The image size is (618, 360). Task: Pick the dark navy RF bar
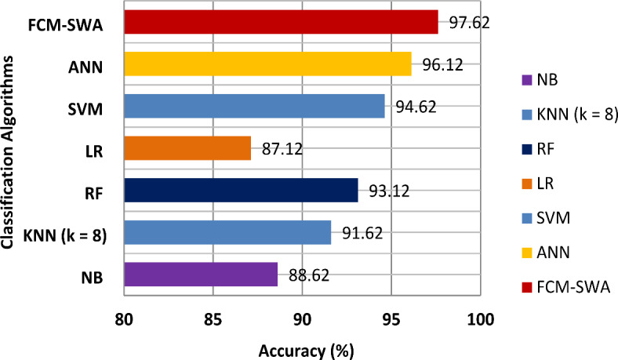(241, 191)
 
